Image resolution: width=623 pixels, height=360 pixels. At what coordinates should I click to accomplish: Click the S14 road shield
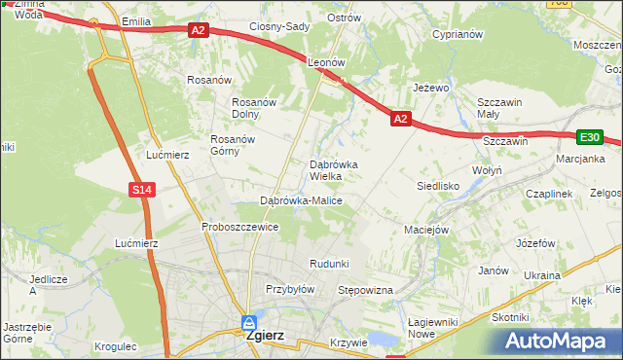[142, 190]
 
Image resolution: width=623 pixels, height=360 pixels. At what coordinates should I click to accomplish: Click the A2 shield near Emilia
[199, 31]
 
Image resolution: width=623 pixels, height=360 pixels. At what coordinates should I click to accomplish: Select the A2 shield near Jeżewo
[400, 119]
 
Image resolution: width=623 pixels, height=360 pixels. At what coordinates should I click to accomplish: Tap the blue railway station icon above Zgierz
[250, 321]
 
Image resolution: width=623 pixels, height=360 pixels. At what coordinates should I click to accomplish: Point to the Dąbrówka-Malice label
[301, 200]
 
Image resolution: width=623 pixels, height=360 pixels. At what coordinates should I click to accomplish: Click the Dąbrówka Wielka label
[333, 170]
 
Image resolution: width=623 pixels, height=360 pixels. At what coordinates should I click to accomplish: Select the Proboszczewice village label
[240, 227]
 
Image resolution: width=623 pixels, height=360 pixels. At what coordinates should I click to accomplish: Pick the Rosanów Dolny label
[255, 108]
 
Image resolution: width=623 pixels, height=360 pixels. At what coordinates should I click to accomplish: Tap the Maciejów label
[425, 230]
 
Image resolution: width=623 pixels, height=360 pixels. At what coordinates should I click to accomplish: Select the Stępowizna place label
[364, 290]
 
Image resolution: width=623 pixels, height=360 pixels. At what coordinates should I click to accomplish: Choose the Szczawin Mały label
[500, 108]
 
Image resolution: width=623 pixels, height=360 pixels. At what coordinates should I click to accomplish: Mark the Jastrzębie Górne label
[26, 332]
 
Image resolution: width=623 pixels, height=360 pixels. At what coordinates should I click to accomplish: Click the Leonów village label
[327, 61]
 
